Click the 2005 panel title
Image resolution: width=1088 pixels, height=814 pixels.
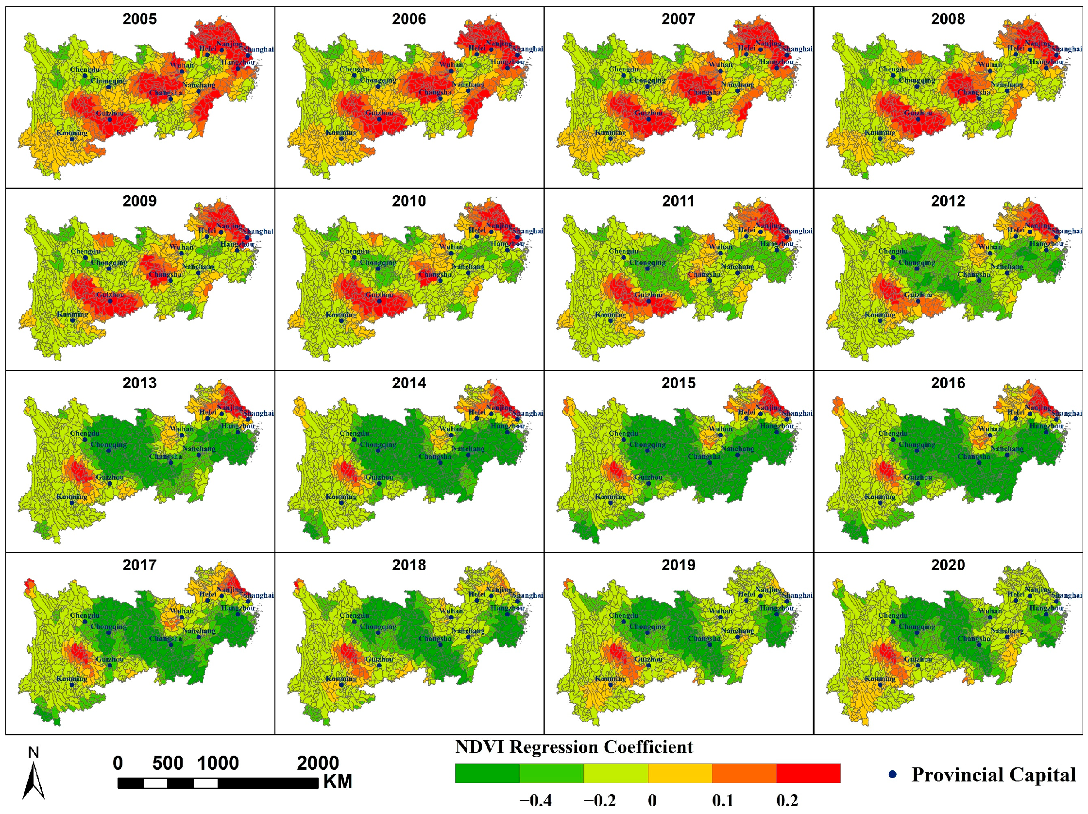click(140, 19)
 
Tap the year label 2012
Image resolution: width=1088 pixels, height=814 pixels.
click(948, 201)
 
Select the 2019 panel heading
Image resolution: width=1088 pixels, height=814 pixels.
click(678, 565)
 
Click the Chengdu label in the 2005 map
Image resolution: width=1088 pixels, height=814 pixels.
click(85, 69)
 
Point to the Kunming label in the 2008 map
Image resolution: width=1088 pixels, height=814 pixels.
click(880, 133)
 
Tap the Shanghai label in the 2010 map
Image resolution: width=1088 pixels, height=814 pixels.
click(528, 231)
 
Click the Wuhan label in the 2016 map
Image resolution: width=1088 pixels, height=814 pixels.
click(989, 429)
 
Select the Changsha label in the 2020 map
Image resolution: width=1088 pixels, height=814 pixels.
click(973, 638)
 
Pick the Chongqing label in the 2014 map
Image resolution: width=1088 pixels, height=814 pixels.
click(378, 444)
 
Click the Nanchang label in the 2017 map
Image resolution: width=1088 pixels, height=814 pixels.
click(199, 630)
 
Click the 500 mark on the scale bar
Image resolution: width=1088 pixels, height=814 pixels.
click(168, 763)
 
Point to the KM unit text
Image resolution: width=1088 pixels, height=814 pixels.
click(338, 781)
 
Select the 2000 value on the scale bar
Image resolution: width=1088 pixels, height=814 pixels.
click(318, 763)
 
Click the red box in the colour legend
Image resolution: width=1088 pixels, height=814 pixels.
click(808, 773)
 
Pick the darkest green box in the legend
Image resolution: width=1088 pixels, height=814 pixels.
click(487, 773)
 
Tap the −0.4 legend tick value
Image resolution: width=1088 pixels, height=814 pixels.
click(535, 801)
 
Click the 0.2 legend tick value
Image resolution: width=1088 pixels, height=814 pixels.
click(787, 801)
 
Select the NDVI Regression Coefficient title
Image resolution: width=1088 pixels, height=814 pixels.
click(574, 747)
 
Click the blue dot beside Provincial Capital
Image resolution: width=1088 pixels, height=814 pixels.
click(892, 775)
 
